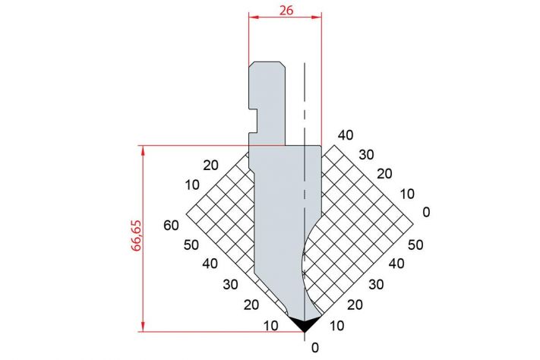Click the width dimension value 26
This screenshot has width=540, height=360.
(x=286, y=11)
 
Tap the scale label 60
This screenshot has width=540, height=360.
(x=171, y=226)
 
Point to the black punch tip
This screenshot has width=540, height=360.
(x=305, y=324)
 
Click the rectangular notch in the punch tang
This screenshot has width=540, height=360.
(x=253, y=120)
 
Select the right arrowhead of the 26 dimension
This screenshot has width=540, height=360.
(x=317, y=17)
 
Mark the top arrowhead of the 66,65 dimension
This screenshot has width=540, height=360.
(x=143, y=150)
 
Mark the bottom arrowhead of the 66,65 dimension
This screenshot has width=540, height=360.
(x=143, y=327)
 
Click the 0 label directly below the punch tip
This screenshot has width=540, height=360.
(x=314, y=348)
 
